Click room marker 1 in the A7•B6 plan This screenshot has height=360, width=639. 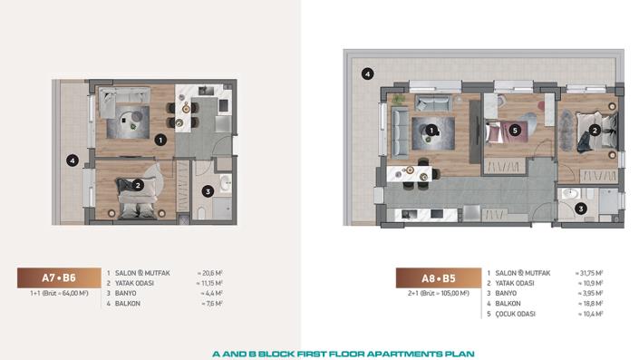point(160,140)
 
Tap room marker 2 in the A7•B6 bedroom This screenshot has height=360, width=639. point(138,185)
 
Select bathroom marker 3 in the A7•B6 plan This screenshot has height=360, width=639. point(208,191)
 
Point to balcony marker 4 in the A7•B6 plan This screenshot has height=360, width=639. point(73,161)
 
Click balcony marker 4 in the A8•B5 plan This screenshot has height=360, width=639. point(367,73)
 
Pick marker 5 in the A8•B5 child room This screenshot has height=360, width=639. point(515,130)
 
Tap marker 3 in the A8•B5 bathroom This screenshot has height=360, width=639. point(581,208)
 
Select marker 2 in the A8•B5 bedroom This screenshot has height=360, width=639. point(595,130)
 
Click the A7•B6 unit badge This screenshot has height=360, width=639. point(57,279)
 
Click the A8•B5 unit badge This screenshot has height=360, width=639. point(438,279)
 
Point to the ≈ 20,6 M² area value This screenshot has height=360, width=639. point(210,273)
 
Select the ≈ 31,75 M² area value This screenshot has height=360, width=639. point(591,273)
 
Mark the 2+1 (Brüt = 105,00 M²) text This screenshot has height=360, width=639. point(438,294)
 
